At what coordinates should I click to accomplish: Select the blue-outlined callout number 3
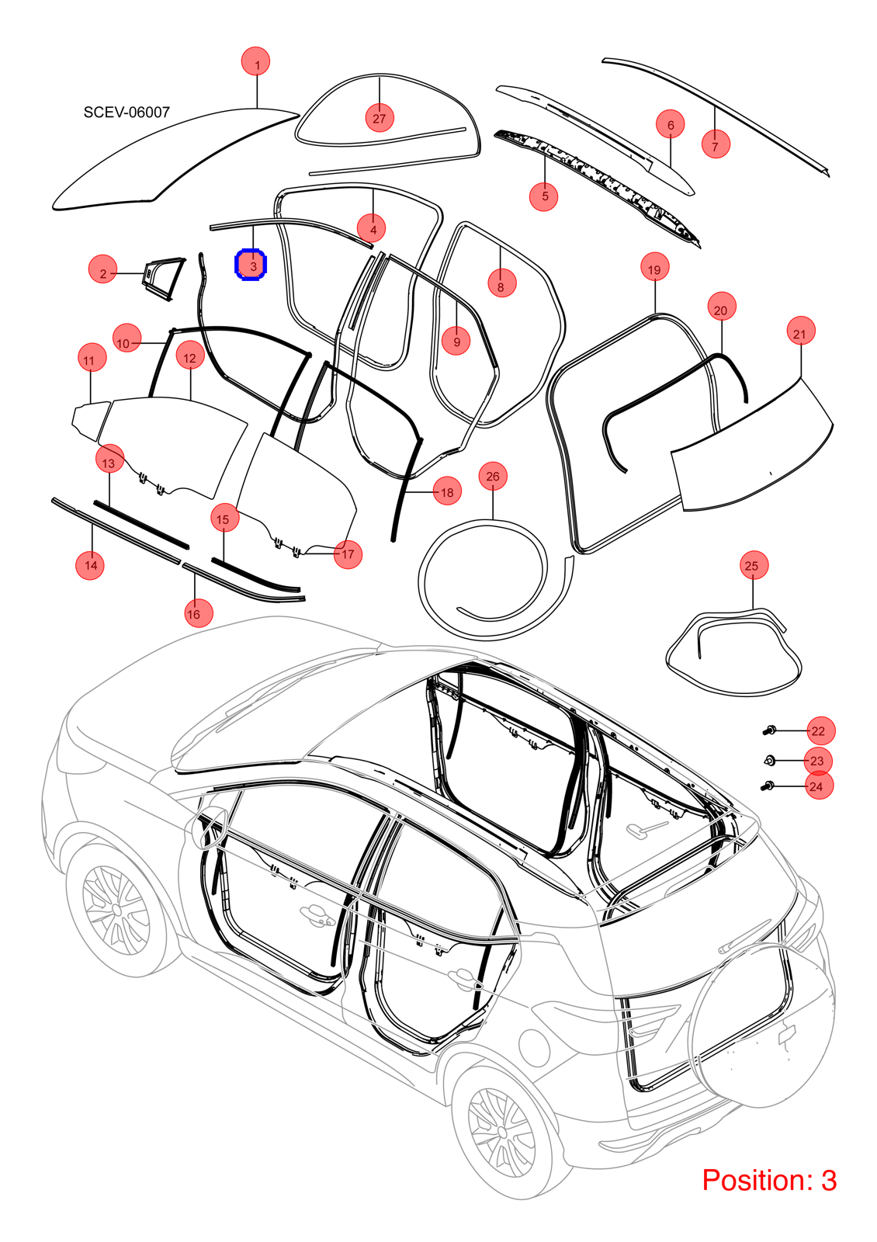point(251,265)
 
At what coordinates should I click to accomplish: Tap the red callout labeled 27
point(380,118)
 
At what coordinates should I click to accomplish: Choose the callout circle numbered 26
point(493,477)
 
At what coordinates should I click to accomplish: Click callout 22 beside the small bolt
point(819,731)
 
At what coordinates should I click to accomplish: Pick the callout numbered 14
point(90,565)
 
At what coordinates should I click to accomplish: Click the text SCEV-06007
point(127,112)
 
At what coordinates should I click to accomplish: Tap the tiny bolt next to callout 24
point(768,786)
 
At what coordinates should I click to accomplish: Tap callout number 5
point(544,196)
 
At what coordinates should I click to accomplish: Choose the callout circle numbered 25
point(754,566)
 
